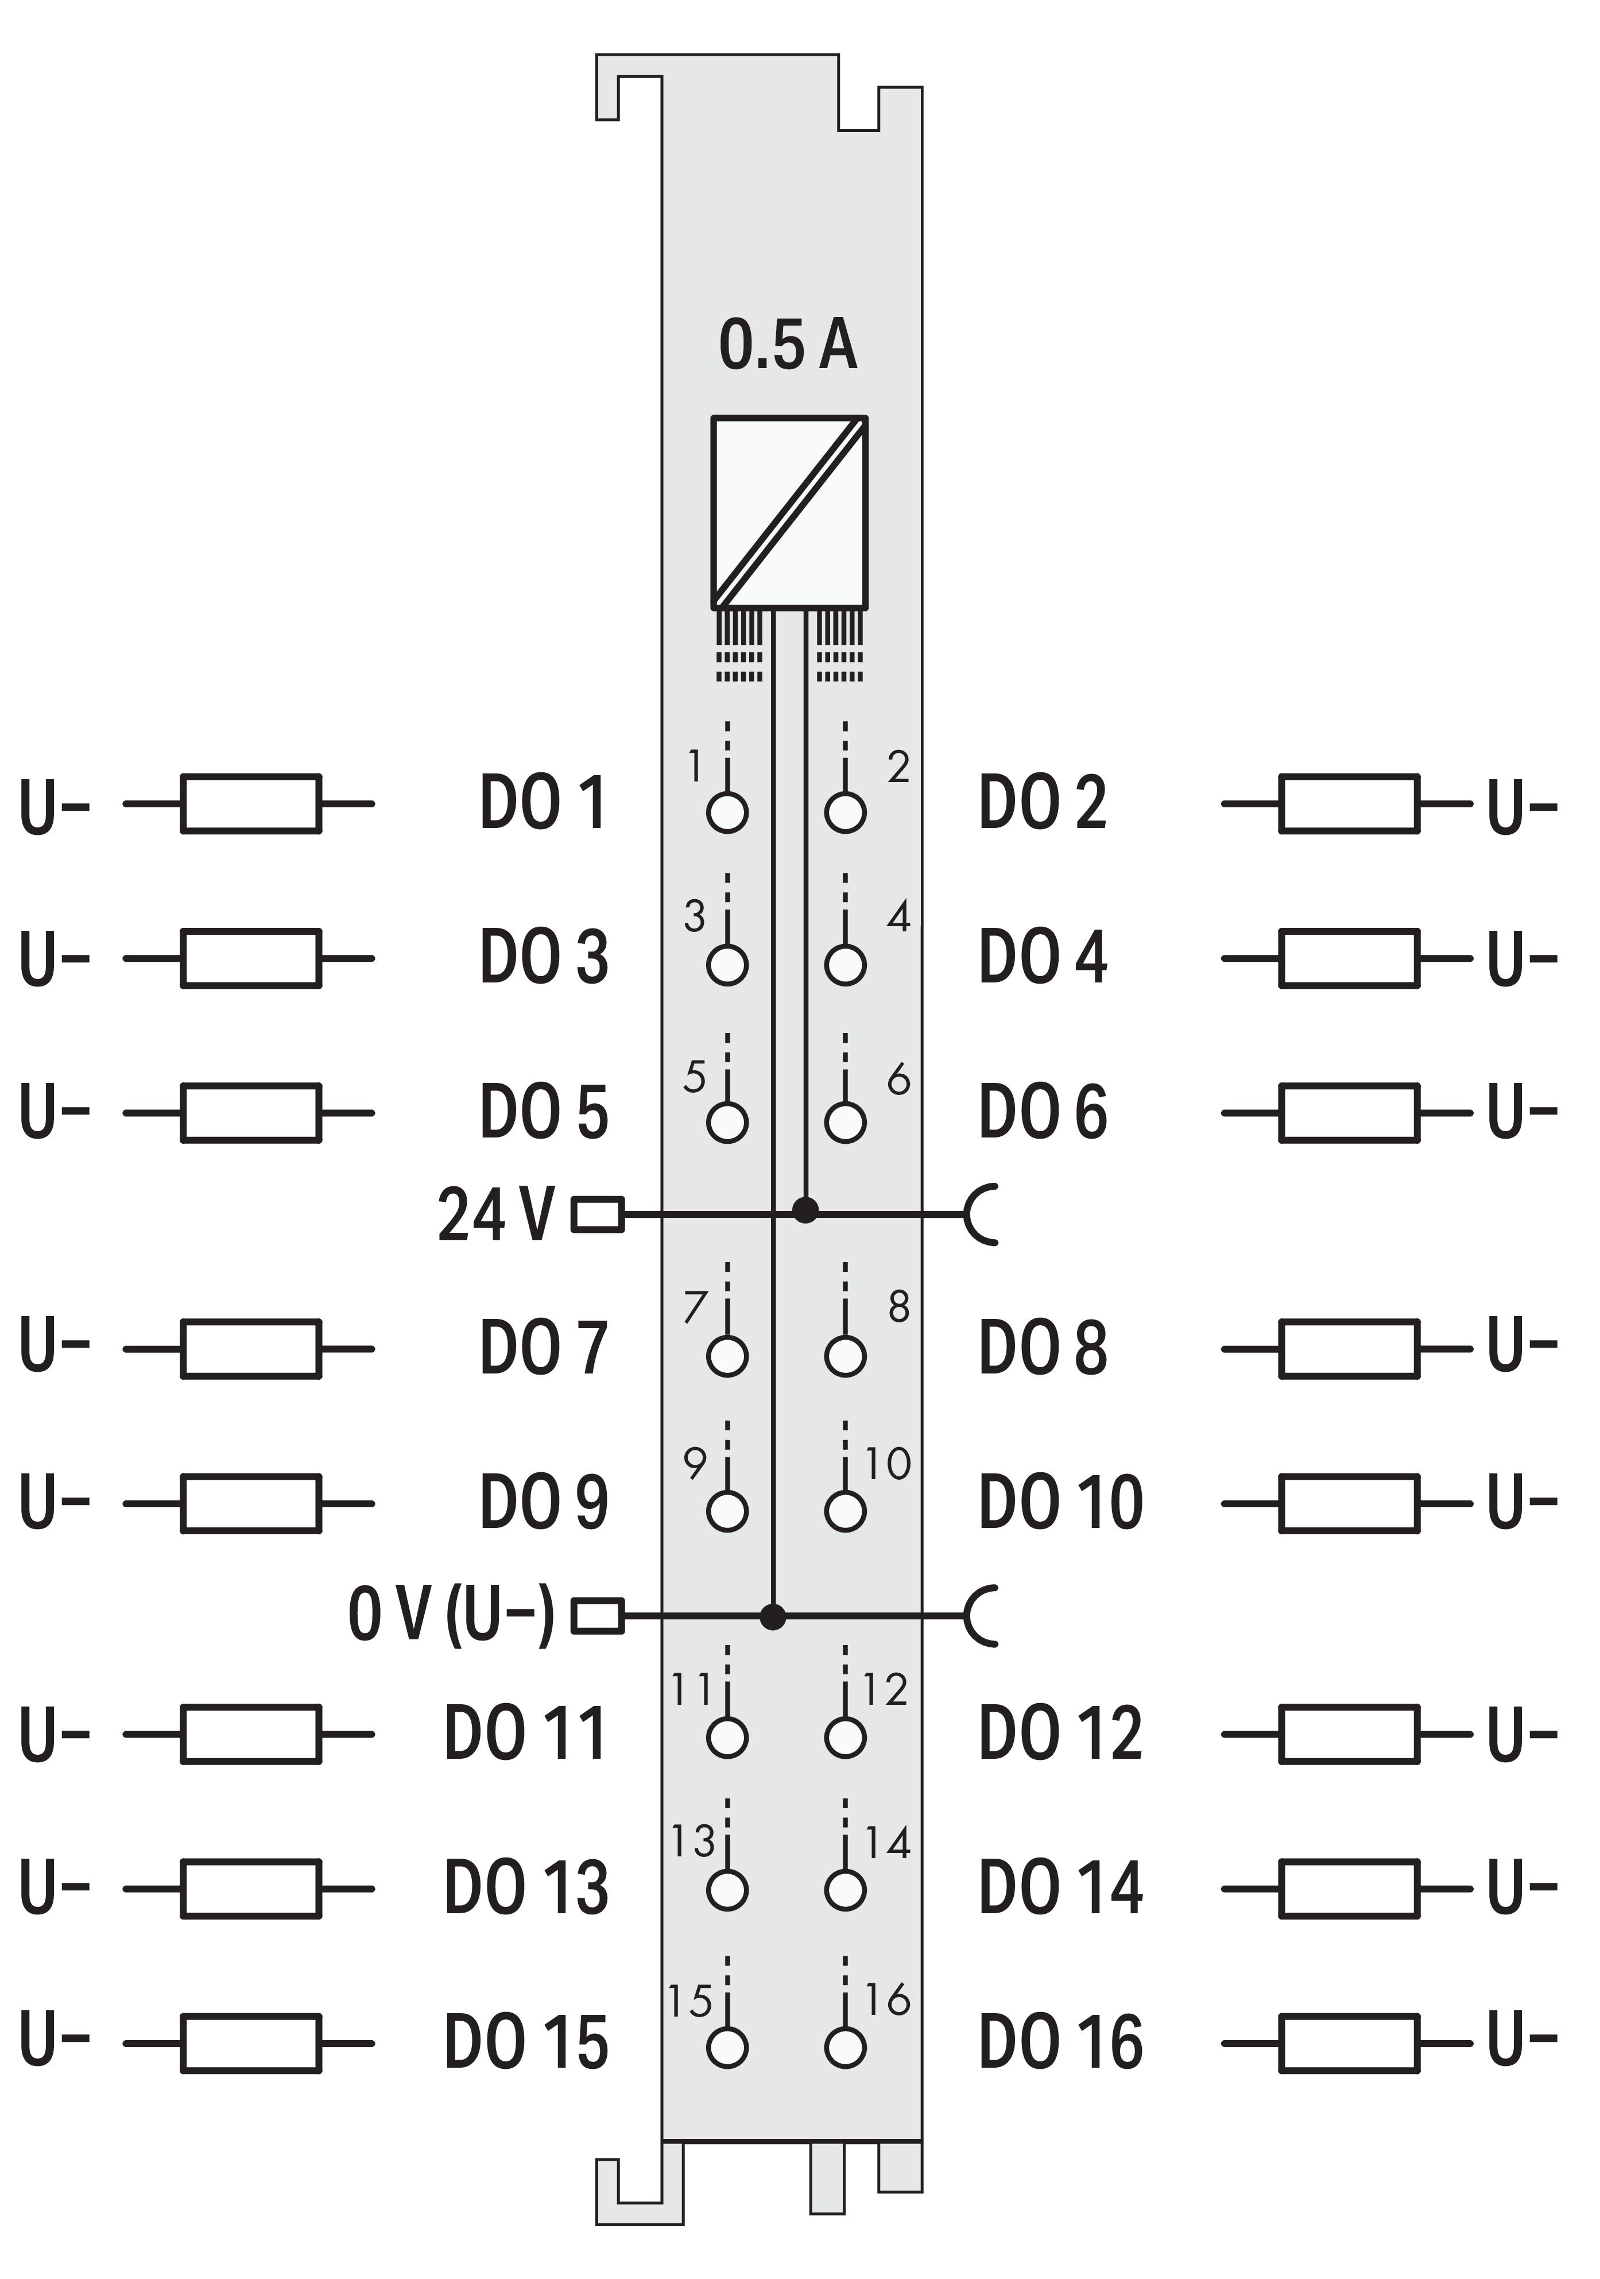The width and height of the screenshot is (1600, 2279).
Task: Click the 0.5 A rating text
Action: (787, 346)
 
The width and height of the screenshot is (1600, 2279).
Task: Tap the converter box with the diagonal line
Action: (789, 511)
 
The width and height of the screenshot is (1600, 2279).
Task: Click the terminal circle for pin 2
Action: (844, 812)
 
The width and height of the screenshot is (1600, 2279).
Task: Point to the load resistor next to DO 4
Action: (1349, 959)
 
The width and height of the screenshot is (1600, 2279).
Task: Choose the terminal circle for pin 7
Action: (727, 1356)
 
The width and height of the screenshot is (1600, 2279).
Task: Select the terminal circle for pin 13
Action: (727, 1889)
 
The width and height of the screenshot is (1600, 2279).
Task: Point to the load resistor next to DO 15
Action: (251, 2043)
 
